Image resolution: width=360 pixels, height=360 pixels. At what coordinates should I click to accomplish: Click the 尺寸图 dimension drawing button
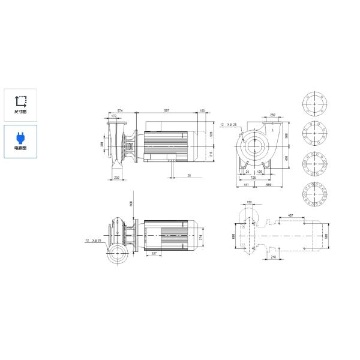coord(20,106)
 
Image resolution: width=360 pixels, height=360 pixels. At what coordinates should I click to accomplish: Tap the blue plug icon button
coord(20,142)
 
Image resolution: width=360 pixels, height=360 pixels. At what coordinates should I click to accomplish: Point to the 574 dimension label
coord(120,110)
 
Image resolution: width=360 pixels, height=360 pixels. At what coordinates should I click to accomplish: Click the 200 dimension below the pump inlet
coord(117,178)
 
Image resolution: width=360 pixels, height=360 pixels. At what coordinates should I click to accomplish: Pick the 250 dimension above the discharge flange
coord(272,115)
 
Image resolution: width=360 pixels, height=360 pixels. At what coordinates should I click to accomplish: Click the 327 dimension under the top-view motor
coord(155,254)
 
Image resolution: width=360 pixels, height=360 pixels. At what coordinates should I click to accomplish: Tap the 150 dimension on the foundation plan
coord(250,203)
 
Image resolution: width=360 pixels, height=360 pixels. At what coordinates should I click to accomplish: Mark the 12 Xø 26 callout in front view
coord(229,124)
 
